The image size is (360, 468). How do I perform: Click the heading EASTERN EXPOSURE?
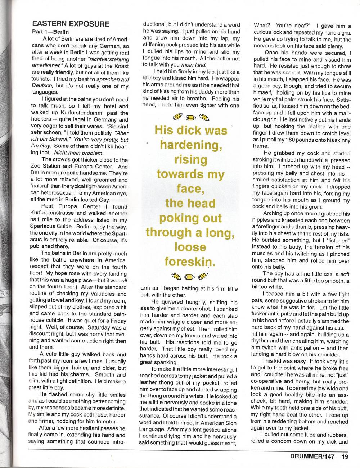point(71,24)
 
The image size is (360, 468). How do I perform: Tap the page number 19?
point(345,456)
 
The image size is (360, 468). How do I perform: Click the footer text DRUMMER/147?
point(312,456)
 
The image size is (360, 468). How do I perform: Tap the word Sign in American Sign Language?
point(228,423)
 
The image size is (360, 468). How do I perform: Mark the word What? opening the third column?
point(262,26)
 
